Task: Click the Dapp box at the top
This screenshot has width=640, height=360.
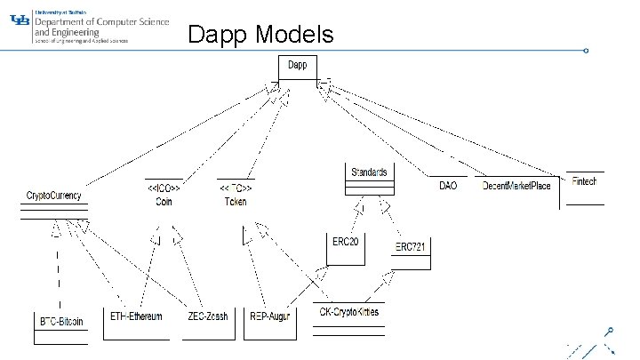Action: click(x=297, y=67)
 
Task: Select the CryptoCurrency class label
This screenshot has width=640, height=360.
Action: click(x=54, y=195)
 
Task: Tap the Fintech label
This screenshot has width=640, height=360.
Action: click(x=584, y=181)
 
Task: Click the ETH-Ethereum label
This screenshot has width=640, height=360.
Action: click(x=136, y=316)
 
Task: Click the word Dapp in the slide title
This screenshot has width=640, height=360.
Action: click(x=218, y=34)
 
